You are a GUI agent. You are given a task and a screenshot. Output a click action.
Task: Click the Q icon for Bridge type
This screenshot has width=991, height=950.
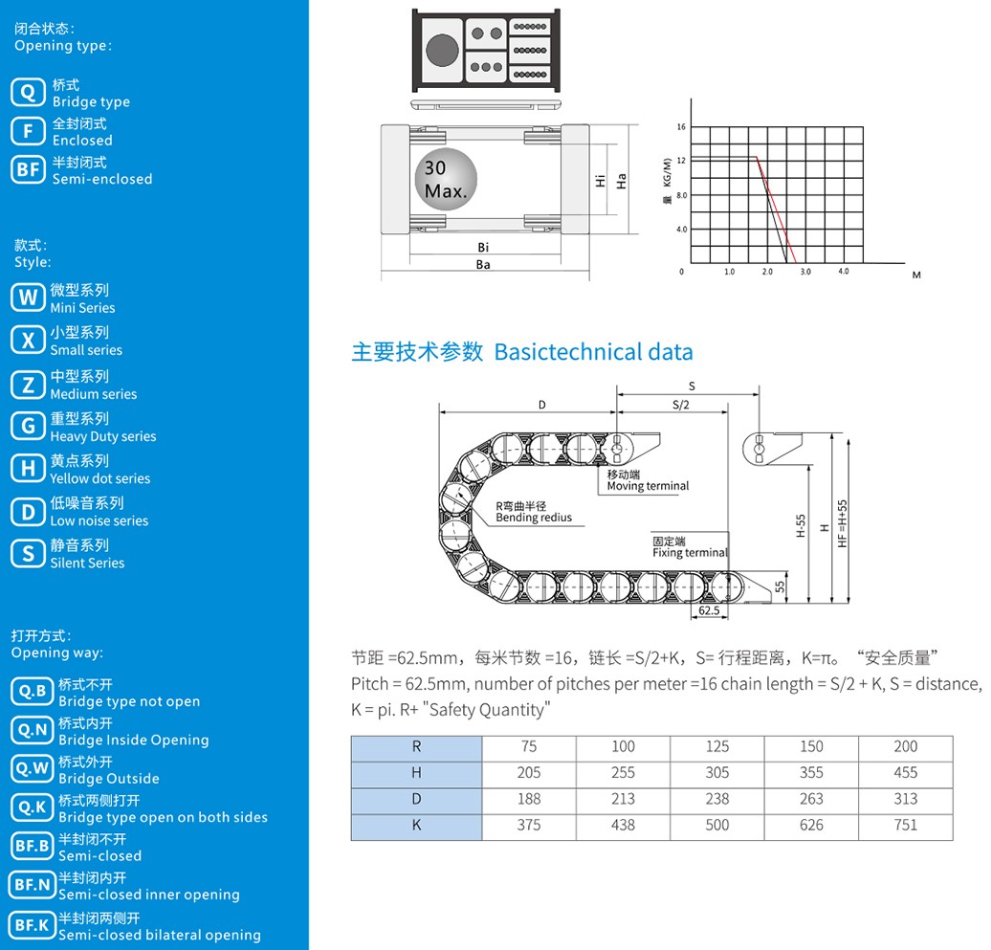tap(28, 92)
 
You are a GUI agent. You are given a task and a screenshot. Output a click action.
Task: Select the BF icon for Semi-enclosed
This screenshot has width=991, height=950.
tap(28, 169)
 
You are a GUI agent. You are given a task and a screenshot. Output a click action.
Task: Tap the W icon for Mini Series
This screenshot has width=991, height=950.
tap(28, 298)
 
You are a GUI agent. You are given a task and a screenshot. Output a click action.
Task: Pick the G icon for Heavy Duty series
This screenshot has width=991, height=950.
tap(28, 426)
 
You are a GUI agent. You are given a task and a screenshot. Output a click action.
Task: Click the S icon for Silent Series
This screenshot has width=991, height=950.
tap(28, 554)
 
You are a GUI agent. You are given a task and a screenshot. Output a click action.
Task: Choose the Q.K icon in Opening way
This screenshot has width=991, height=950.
tap(32, 807)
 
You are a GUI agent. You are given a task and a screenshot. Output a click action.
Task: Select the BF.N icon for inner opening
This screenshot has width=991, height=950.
tap(32, 885)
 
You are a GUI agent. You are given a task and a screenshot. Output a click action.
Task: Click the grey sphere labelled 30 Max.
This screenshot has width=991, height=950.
tap(446, 180)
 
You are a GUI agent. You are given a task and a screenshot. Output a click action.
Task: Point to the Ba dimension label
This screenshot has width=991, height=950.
tap(483, 265)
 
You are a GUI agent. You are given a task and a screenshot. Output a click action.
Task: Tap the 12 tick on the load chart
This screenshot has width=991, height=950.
tap(681, 161)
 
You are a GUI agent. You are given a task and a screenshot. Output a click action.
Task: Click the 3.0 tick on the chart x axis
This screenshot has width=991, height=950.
tap(805, 272)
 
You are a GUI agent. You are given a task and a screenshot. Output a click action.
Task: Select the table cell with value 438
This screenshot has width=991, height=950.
tap(623, 825)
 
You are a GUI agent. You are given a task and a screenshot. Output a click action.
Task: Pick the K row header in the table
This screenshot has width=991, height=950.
tap(416, 825)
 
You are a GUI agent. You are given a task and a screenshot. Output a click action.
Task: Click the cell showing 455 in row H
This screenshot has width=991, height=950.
tap(905, 772)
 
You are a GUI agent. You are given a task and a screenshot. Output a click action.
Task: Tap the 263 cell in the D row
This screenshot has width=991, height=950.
tap(811, 799)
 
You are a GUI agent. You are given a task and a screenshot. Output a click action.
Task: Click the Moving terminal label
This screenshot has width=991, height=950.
tap(648, 486)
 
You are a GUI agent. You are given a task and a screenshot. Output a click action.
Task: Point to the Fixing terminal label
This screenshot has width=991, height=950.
tap(691, 552)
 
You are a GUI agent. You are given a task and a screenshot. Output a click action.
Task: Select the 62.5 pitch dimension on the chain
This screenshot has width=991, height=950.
tap(709, 610)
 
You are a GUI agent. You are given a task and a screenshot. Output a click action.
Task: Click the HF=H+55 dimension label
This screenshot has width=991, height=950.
tap(842, 523)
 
